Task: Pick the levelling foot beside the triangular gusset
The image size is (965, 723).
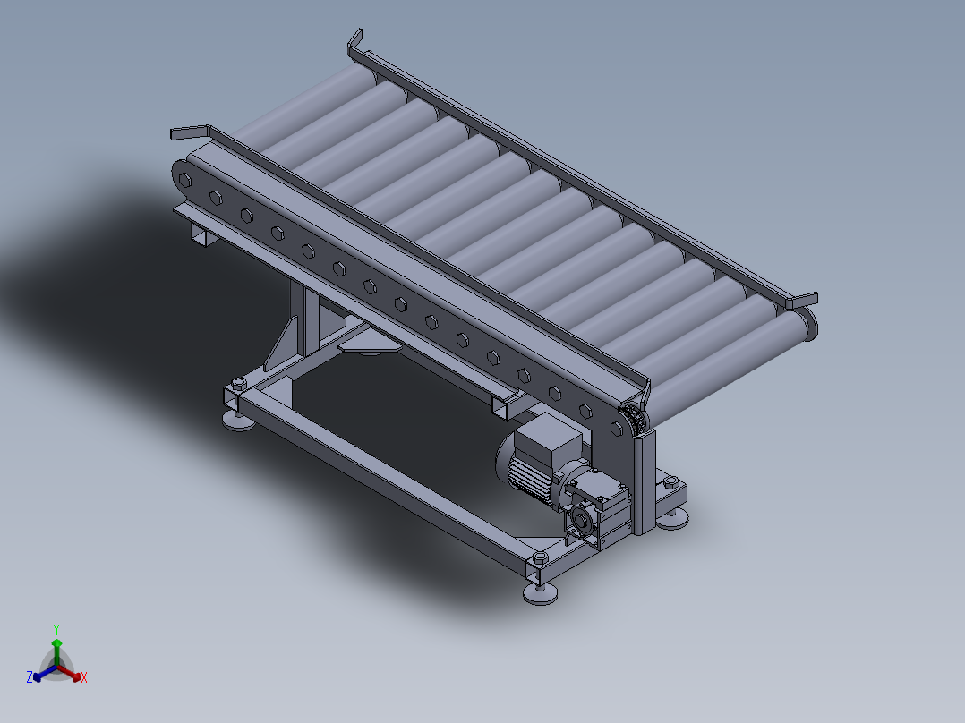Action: point(237,419)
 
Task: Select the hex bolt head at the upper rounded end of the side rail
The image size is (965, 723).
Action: point(185,180)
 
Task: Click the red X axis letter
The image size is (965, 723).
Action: point(84,678)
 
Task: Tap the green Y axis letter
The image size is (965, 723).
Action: point(56,629)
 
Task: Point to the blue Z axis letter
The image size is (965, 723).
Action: point(30,678)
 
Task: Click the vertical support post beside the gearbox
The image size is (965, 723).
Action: point(645,483)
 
